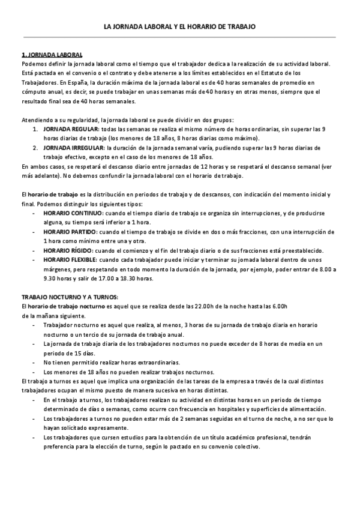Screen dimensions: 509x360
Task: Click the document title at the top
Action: click(x=179, y=27)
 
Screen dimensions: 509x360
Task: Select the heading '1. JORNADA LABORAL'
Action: click(x=52, y=55)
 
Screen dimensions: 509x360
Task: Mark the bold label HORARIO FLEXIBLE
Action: click(x=71, y=259)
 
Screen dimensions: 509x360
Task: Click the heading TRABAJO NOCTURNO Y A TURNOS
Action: click(x=70, y=297)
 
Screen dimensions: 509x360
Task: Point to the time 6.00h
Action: click(x=279, y=306)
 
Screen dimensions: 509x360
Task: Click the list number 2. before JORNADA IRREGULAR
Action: click(x=35, y=147)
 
